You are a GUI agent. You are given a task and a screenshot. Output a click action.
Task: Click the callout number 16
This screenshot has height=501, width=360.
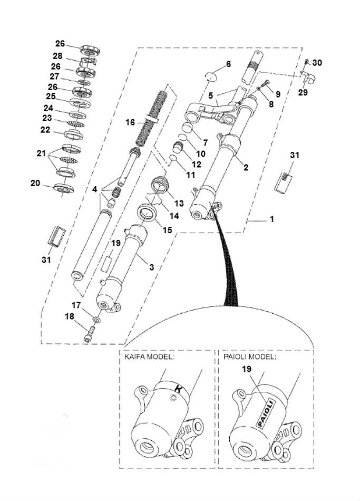[130, 122]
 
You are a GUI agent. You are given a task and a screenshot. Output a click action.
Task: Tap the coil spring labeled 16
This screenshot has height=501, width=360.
[152, 119]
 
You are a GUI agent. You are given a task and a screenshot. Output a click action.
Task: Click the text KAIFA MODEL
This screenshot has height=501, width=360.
[149, 357]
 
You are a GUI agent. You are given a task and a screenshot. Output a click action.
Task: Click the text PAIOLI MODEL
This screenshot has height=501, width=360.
[249, 357]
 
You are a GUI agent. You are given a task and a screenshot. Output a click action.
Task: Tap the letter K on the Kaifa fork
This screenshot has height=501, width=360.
[178, 390]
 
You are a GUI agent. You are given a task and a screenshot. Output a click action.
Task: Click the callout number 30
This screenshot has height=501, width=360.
[317, 62]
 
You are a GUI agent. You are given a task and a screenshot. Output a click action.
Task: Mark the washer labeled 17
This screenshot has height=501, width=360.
[96, 320]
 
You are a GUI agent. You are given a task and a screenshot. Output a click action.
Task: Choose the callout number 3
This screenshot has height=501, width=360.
[151, 267]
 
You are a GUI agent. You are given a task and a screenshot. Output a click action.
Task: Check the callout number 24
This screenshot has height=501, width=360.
[48, 108]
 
